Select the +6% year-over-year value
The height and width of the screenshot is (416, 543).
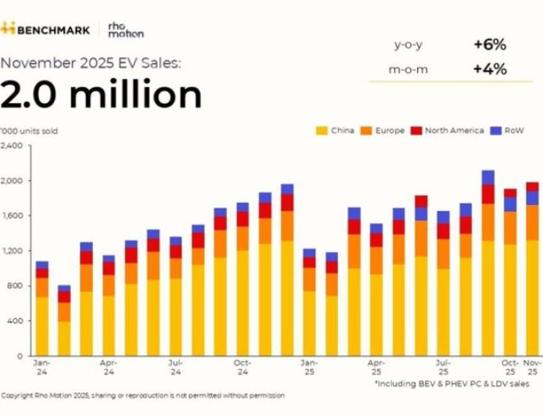[x=490, y=45]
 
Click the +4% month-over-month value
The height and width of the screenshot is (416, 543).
[x=490, y=69]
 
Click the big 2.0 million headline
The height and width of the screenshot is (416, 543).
[x=101, y=95]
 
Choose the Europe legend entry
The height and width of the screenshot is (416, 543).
[x=383, y=131]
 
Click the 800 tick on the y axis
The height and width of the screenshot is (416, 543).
[x=14, y=286]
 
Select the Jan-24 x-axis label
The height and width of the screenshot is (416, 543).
[x=42, y=367]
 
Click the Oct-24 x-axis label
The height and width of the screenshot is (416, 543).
[x=243, y=367]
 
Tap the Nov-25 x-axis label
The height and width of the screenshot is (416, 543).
[x=532, y=367]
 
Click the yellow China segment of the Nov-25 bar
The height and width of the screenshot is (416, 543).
[x=532, y=297]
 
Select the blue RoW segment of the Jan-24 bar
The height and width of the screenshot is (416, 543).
[x=42, y=265]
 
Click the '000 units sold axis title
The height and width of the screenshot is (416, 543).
[x=30, y=131]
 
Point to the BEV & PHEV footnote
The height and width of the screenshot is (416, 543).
[x=457, y=385]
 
